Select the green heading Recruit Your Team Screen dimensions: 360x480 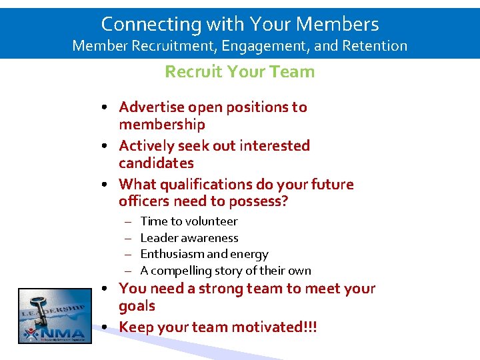click(x=239, y=71)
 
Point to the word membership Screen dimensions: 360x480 click(x=161, y=125)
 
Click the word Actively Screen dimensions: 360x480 click(x=145, y=146)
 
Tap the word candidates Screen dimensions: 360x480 click(x=156, y=163)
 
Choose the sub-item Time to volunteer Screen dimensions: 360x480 click(x=189, y=221)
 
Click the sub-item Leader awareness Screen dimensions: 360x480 click(x=189, y=238)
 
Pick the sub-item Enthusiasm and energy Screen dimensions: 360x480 click(x=204, y=254)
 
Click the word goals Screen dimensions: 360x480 click(x=137, y=306)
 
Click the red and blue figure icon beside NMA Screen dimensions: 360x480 click(x=31, y=332)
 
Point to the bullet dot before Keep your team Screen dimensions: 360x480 click(x=107, y=327)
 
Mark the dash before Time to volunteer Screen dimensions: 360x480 click(x=127, y=221)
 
